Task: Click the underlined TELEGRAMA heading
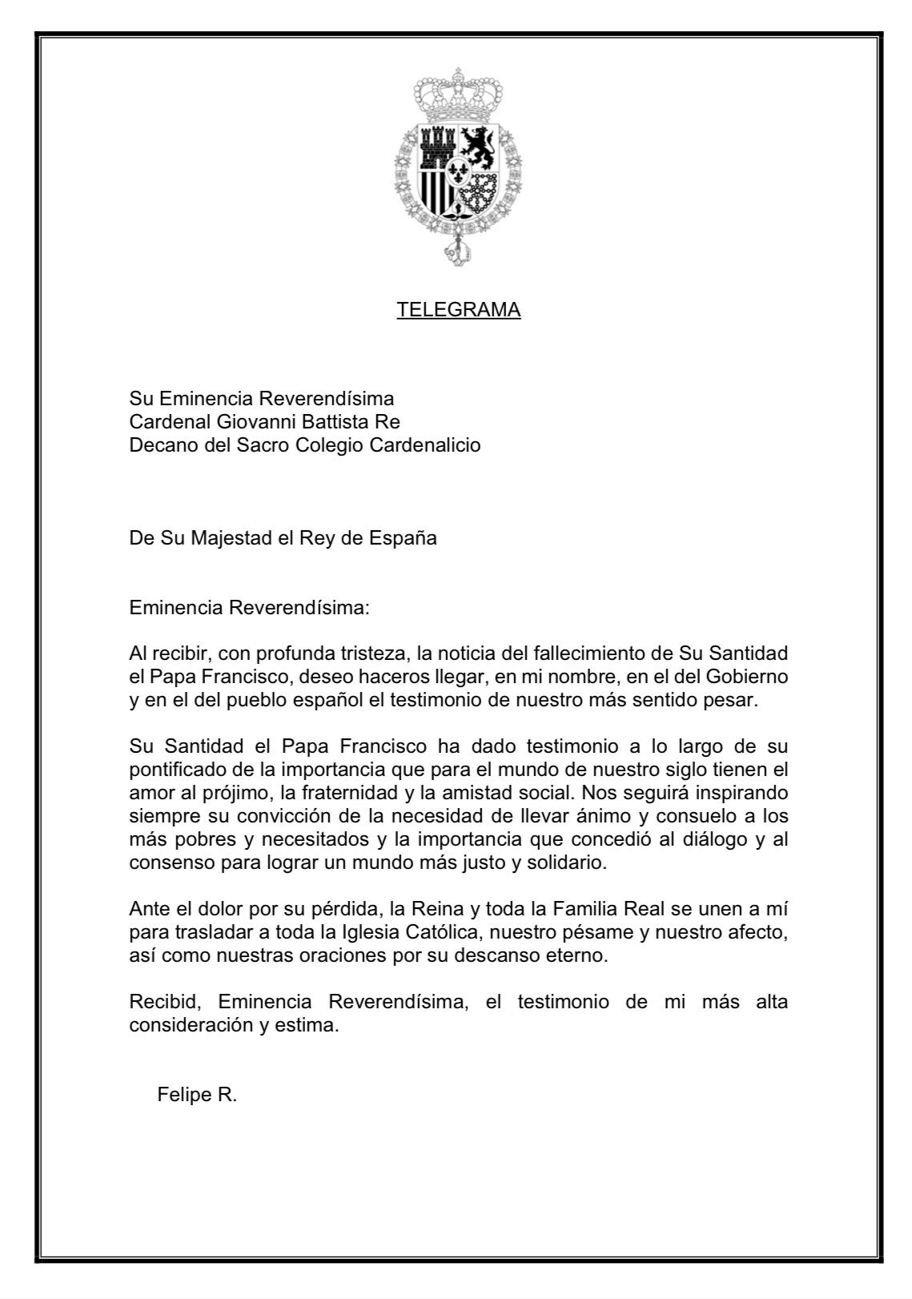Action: click(458, 310)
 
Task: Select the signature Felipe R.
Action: click(197, 1096)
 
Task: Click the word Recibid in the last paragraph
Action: click(164, 1003)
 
